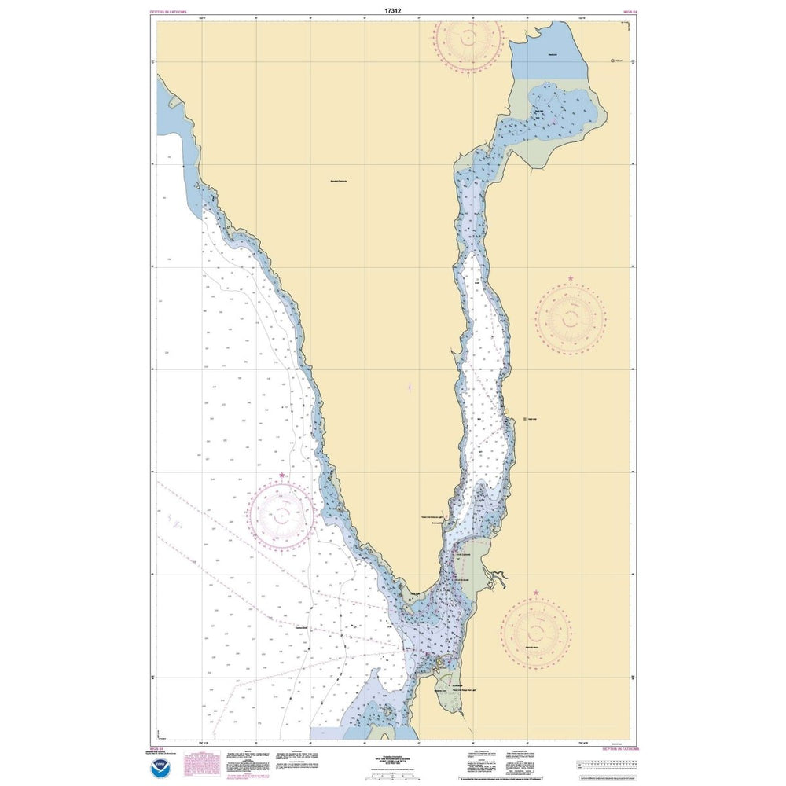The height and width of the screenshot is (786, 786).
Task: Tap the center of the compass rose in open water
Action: (282, 515)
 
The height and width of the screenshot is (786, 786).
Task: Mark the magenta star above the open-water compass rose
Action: (282, 476)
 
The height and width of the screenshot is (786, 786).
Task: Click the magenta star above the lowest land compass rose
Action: (536, 592)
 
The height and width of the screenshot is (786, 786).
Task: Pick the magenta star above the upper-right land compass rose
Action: (571, 279)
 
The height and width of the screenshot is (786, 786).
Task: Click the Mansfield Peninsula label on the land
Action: (339, 181)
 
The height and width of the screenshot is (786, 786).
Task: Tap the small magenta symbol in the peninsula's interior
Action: (410, 387)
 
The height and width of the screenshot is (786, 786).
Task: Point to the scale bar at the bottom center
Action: (393, 775)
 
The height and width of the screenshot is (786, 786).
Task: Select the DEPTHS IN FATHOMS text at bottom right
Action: (620, 749)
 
